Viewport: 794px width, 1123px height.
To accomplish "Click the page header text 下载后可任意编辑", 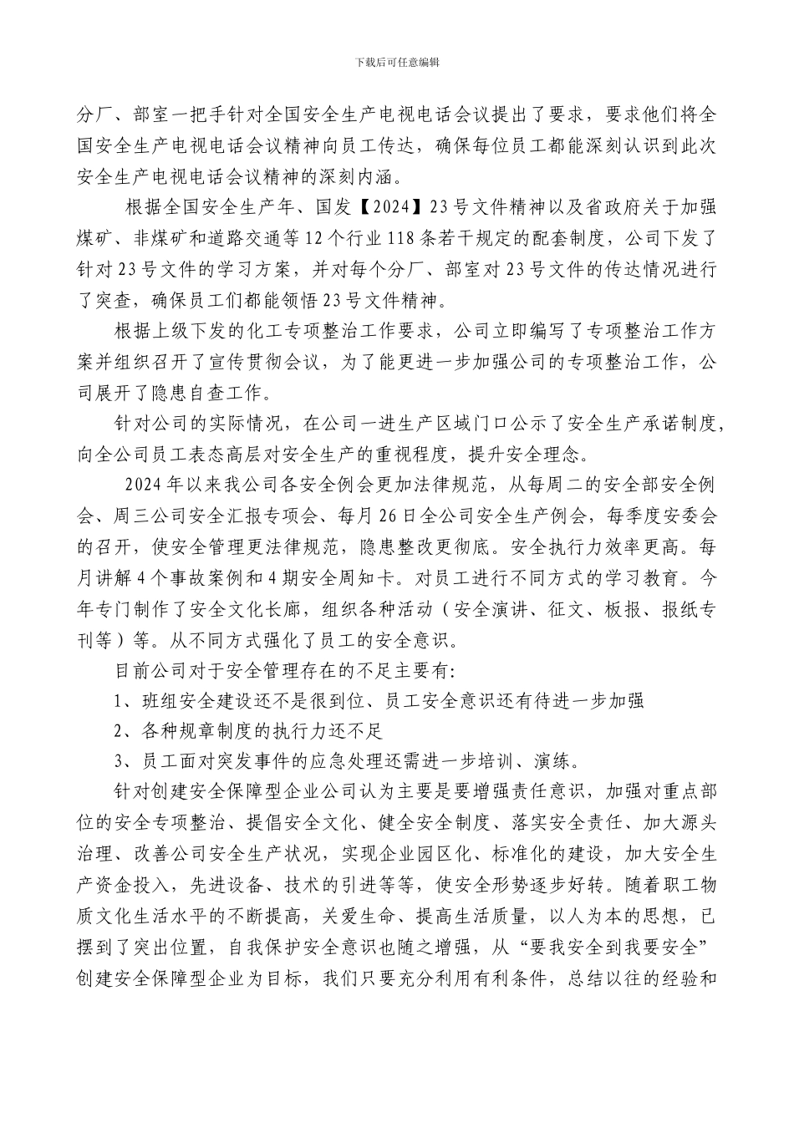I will (397, 62).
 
